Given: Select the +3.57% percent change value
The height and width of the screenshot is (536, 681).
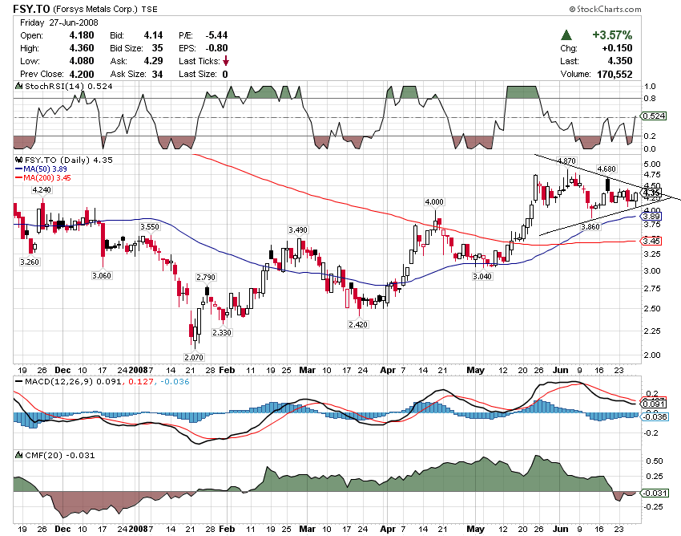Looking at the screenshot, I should pos(612,35).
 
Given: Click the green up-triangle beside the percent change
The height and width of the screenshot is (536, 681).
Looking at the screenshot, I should pos(566,35).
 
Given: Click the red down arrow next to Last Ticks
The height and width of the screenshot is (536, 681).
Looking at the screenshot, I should pos(226,61).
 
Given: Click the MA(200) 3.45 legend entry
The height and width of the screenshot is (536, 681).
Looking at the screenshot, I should pos(40,179).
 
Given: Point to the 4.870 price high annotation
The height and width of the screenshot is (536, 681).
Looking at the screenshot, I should pos(566,161).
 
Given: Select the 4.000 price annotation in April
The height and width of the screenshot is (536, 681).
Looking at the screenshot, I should pos(434,201).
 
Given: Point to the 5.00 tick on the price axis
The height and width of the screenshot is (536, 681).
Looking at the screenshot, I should pos(653,164).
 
